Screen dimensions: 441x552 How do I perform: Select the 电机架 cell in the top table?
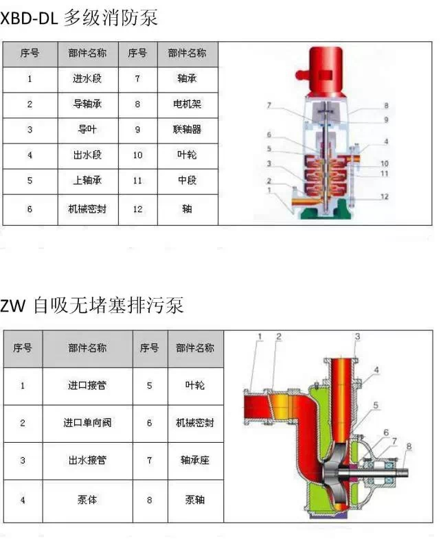point(187,104)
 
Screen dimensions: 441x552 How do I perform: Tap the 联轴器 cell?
point(187,130)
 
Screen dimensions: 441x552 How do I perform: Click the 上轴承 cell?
point(87,181)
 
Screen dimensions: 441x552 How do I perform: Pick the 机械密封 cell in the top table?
point(87,209)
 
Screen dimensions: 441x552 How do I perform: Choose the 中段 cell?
point(187,181)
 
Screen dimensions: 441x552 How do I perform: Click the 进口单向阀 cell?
point(87,423)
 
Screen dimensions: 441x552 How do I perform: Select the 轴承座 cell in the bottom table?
point(195,460)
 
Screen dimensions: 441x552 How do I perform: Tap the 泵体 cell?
point(87,500)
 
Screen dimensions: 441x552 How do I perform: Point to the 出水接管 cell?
point(87,460)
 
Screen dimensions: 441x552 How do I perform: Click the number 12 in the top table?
point(137,209)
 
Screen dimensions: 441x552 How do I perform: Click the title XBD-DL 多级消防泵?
point(78,18)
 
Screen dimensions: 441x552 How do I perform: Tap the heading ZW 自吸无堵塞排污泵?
point(91,305)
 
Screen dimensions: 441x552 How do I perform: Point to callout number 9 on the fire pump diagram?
point(386,119)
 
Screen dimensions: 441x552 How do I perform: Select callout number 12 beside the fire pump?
point(384,196)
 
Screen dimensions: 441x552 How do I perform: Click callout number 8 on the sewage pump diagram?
point(409,446)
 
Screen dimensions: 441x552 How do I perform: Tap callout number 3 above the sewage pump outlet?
point(357,336)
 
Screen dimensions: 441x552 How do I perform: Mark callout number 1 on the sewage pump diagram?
point(260,336)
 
